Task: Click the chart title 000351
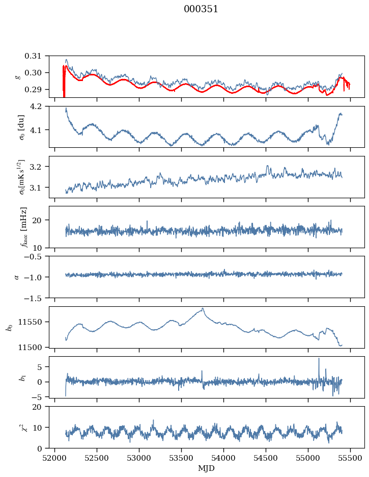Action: [201, 9]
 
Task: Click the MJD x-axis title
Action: [207, 468]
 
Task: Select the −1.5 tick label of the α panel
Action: [37, 298]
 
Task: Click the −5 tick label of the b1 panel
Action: [41, 396]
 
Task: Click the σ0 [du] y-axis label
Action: [21, 127]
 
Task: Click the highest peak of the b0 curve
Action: [203, 308]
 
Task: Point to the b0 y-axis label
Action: [9, 327]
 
